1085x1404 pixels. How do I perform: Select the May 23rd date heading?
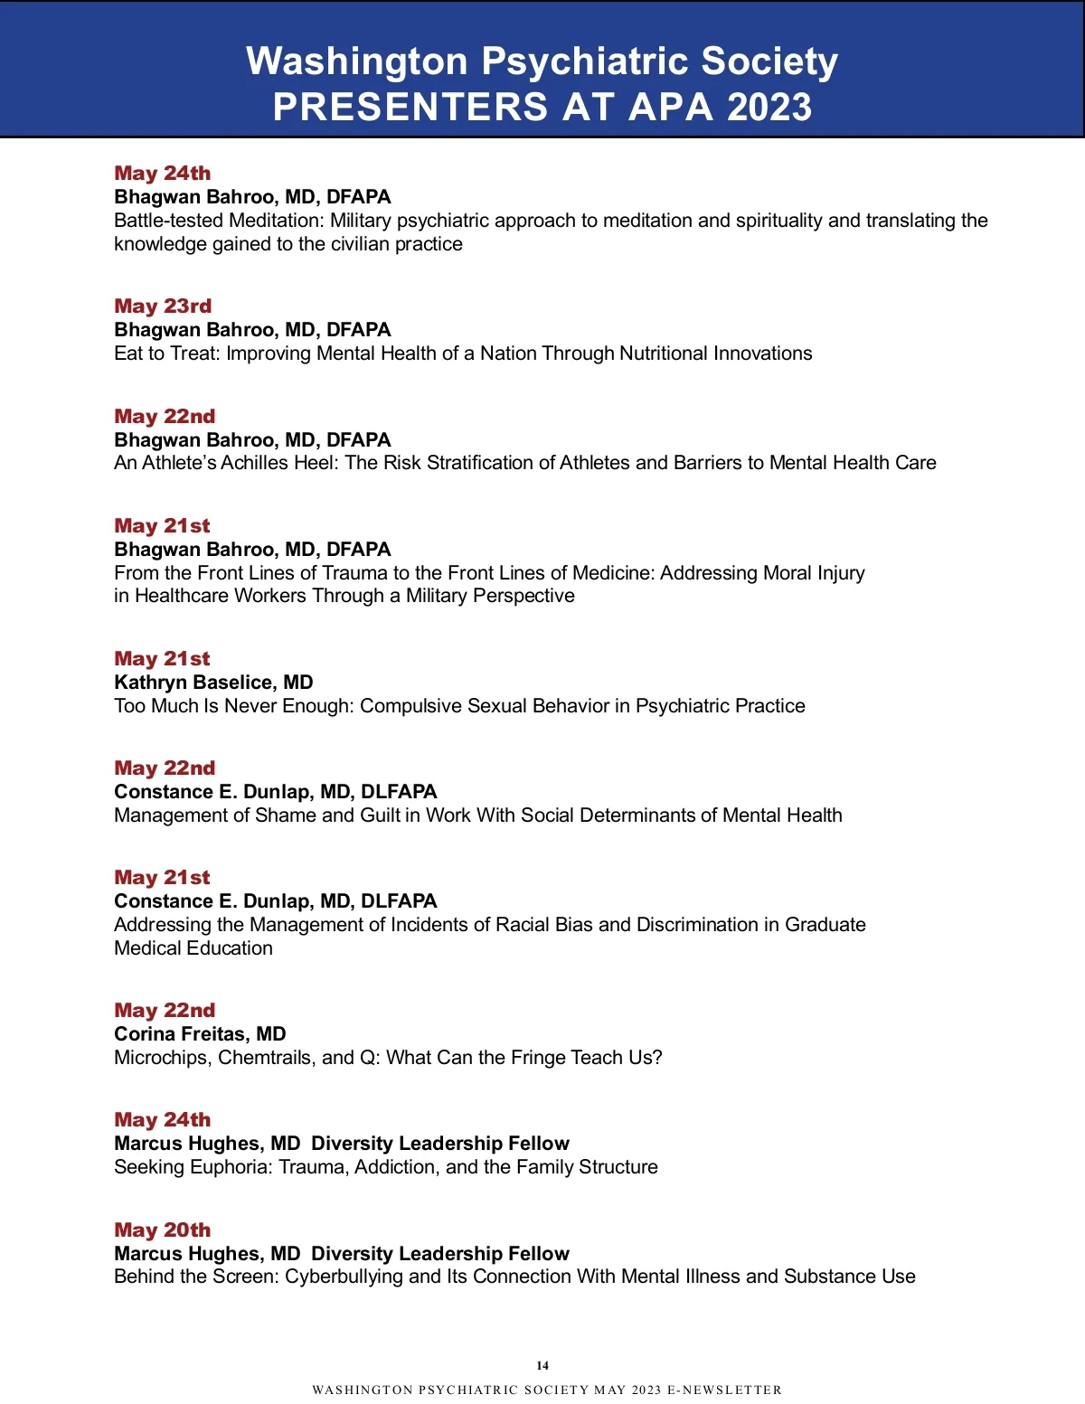(x=163, y=306)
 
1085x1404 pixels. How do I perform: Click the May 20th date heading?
(x=162, y=1230)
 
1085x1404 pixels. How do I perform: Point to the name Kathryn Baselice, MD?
(x=213, y=683)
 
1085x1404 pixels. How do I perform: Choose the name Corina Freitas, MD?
(x=200, y=1034)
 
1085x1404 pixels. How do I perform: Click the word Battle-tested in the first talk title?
(x=168, y=221)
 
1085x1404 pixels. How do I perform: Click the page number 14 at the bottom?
(x=542, y=1366)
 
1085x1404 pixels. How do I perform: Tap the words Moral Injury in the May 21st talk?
(x=810, y=573)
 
